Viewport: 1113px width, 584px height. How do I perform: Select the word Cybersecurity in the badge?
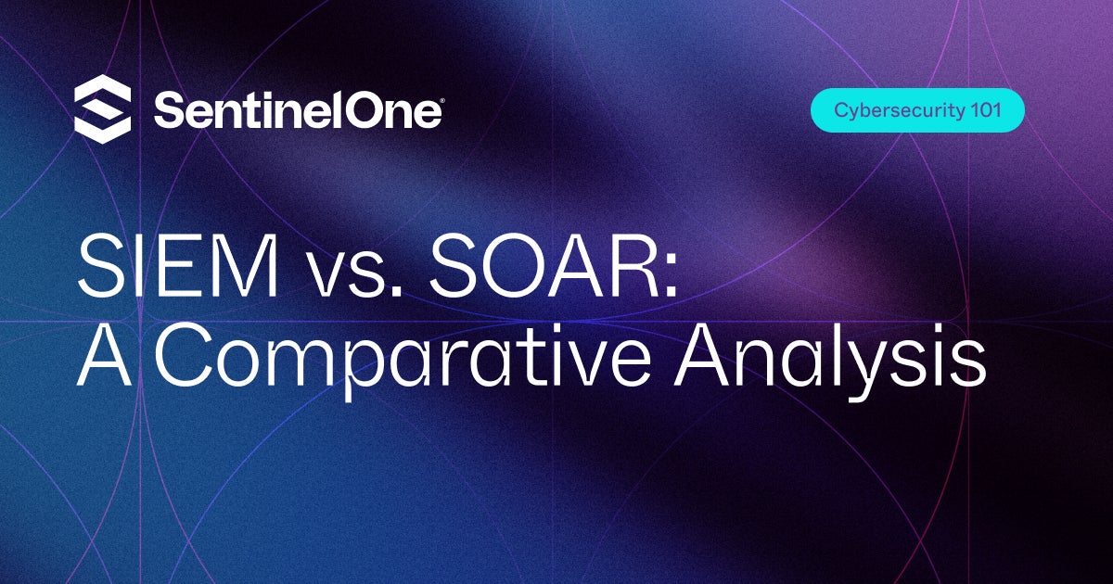click(x=891, y=110)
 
